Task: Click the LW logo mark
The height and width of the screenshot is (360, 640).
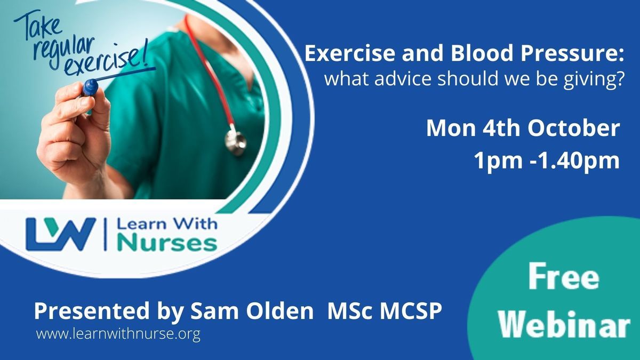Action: click(x=61, y=234)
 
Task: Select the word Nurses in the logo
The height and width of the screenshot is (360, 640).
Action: click(x=167, y=243)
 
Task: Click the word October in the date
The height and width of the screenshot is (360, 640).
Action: click(x=574, y=128)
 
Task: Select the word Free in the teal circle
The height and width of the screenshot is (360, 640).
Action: click(x=563, y=277)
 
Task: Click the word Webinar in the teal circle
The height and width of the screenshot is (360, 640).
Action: click(x=564, y=324)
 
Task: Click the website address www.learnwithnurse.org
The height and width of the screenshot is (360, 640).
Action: click(x=118, y=334)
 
